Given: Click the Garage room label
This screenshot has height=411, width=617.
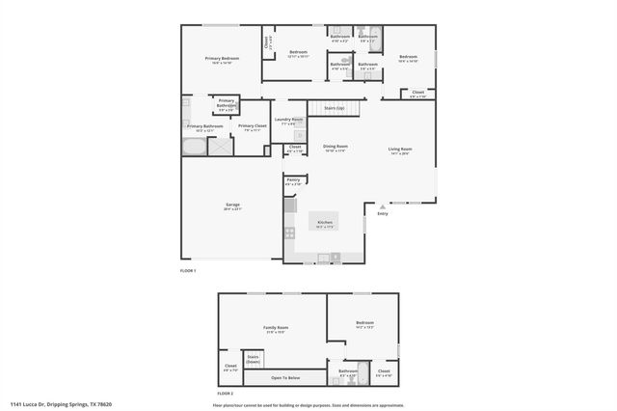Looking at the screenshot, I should click(232, 205).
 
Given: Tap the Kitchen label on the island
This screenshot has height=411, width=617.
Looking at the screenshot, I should click(325, 223).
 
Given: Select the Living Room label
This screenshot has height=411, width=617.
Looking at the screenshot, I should click(400, 150).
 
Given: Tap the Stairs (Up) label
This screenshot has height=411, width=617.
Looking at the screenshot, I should click(335, 107).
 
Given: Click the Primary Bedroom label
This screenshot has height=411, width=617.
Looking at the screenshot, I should click(222, 59).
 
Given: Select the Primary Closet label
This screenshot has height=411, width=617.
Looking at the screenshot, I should click(253, 127).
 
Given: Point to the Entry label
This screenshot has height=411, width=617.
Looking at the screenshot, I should click(383, 213).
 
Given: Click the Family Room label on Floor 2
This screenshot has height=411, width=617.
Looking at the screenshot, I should click(276, 328).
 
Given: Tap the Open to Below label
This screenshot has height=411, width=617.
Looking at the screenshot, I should click(284, 377).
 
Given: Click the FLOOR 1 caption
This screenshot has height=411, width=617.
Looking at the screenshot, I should click(188, 271).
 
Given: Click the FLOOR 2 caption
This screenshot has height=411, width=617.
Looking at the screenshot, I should click(225, 394).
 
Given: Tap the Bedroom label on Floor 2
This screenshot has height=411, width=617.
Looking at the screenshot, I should click(363, 323).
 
